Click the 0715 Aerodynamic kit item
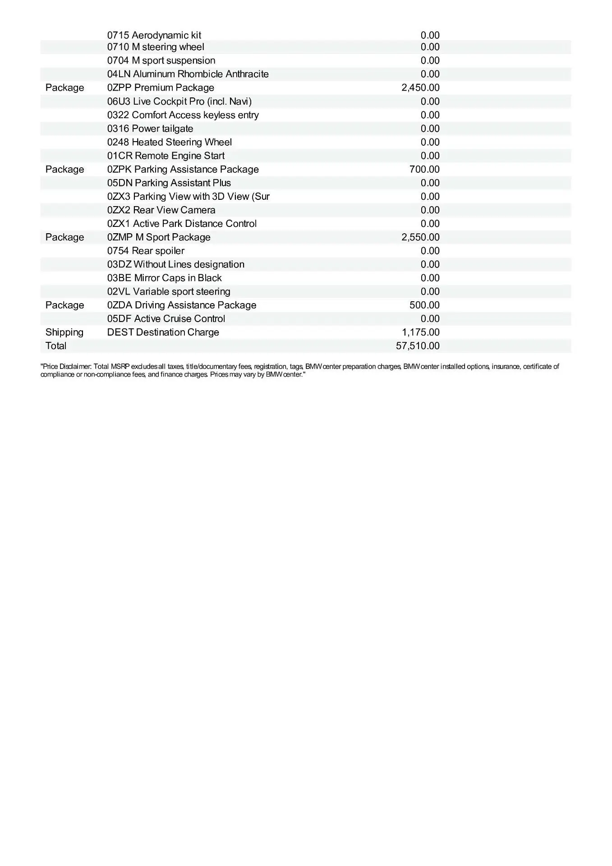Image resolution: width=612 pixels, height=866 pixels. pyautogui.click(x=154, y=35)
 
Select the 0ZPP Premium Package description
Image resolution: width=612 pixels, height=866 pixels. pyautogui.click(x=161, y=88)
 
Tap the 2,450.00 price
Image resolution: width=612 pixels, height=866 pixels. pyautogui.click(x=420, y=88)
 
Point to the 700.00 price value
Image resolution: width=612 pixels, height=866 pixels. pyautogui.click(x=424, y=169)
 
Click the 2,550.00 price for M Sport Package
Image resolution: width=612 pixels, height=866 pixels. pyautogui.click(x=420, y=237)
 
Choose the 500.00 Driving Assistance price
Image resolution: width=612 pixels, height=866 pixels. pyautogui.click(x=424, y=305)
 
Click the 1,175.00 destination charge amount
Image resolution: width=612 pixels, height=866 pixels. pyautogui.click(x=420, y=332)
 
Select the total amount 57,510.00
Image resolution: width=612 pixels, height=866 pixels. pyautogui.click(x=418, y=346)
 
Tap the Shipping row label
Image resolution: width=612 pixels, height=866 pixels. pyautogui.click(x=64, y=332)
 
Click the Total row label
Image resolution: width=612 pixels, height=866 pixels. pyautogui.click(x=56, y=346)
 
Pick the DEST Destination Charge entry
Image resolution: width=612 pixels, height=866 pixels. pyautogui.click(x=163, y=332)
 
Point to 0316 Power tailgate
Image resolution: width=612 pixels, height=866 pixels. pyautogui.click(x=150, y=129)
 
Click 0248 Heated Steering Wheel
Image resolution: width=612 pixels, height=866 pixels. pyautogui.click(x=170, y=142)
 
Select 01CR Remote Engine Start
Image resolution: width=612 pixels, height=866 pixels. pyautogui.click(x=166, y=156)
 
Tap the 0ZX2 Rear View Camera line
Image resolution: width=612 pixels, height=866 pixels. pyautogui.click(x=161, y=210)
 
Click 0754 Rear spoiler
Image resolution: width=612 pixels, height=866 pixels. pyautogui.click(x=146, y=251)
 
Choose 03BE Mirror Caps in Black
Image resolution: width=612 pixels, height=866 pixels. pyautogui.click(x=165, y=278)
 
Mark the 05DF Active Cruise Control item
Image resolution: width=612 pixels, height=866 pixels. pyautogui.click(x=166, y=319)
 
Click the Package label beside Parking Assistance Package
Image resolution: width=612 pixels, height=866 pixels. pyautogui.click(x=64, y=169)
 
